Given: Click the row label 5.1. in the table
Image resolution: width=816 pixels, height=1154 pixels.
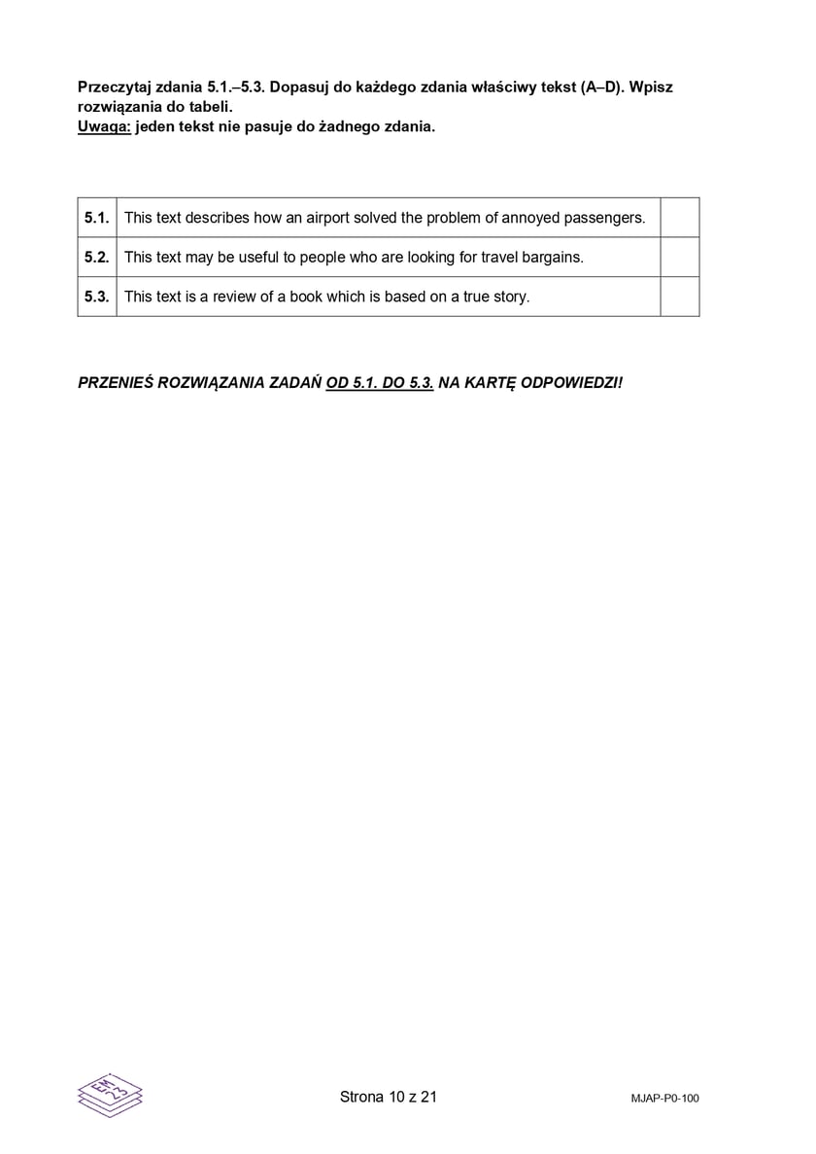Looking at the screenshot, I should pos(96,218).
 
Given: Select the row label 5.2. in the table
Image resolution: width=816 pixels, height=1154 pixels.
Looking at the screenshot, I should pos(96,258).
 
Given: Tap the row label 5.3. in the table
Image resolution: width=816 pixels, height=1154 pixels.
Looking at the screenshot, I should pos(96,297).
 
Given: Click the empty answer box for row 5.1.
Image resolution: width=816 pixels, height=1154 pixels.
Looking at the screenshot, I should pos(679,218).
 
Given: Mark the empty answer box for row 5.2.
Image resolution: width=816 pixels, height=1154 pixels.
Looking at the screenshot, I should pos(679,258).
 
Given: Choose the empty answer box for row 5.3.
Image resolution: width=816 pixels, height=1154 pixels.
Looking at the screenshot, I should pos(679,297).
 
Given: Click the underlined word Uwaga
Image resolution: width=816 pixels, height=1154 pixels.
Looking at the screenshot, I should pos(104,126).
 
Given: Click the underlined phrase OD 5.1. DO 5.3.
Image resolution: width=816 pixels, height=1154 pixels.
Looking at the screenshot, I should pos(380,382).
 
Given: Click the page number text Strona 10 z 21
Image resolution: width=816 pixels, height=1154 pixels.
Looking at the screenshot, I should pos(389,1097).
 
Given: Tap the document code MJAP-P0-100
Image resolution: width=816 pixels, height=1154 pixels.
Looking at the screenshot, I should pos(664,1099).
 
